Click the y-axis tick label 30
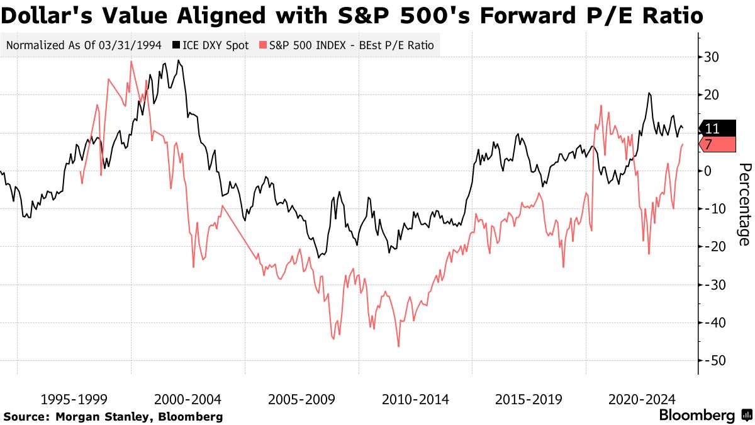click(x=712, y=57)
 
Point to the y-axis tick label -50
click(x=715, y=360)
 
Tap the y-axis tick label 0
click(x=708, y=171)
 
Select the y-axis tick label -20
click(x=715, y=247)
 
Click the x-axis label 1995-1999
click(x=73, y=399)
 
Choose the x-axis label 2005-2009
click(x=300, y=399)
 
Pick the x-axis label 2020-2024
click(x=640, y=399)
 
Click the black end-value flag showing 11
click(x=716, y=128)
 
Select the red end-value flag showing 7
click(x=716, y=144)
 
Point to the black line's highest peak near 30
click(x=179, y=60)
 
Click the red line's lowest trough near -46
click(x=398, y=346)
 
